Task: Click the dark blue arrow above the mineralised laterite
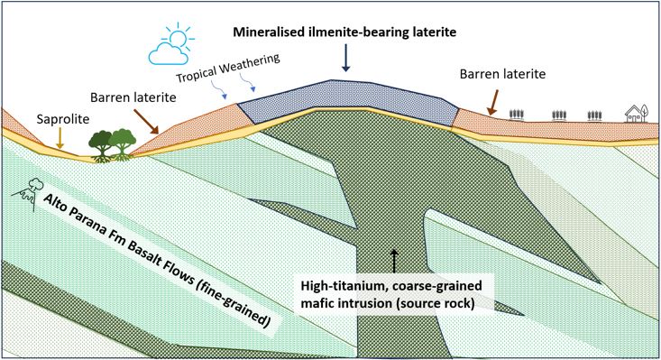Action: pyautogui.click(x=346, y=56)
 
